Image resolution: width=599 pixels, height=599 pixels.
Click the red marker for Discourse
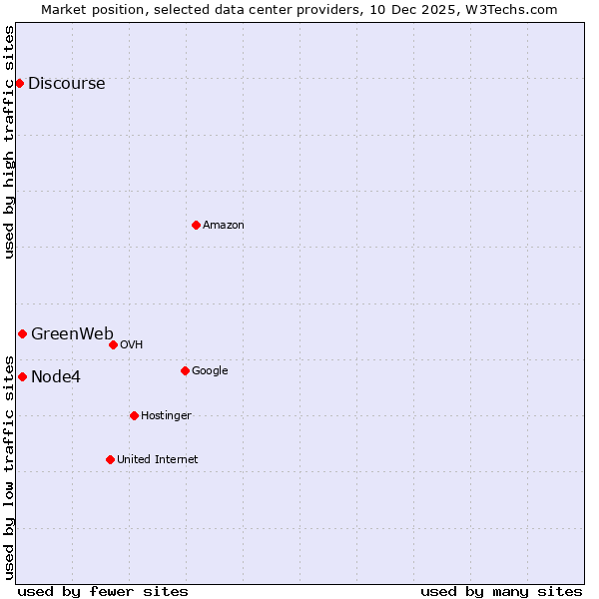19,83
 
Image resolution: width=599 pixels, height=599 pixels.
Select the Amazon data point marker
196,225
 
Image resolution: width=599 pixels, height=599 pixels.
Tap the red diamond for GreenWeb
22,333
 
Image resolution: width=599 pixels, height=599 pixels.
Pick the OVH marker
113,344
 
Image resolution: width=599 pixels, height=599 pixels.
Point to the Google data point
185,370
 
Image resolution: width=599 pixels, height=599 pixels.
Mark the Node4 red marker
22,376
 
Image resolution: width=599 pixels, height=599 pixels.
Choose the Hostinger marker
134,415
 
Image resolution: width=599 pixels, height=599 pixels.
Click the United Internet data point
110,459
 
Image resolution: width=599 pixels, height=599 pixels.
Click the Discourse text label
66,84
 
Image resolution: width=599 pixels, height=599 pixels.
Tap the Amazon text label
223,226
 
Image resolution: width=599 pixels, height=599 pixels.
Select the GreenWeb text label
72,334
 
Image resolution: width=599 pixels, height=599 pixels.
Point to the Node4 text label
56,377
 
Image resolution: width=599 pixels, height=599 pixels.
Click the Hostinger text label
166,416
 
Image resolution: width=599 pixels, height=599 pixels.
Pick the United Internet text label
157,460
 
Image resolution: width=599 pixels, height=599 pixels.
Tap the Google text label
210,371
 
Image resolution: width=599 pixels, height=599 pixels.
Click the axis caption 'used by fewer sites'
103,591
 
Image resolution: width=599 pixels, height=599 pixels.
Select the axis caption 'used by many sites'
501,591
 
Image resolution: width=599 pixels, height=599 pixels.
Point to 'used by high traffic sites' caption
10,142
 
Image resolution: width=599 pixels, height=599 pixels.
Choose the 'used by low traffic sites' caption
10,466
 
